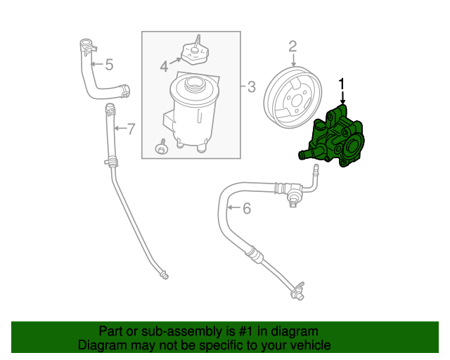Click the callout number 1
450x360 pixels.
(x=342, y=84)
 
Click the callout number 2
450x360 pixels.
(x=292, y=46)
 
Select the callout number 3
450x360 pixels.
(x=251, y=87)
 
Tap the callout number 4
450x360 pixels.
(x=164, y=66)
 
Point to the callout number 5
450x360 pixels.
(x=109, y=65)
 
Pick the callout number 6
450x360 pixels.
(x=246, y=208)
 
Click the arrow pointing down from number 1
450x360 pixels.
(x=342, y=98)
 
